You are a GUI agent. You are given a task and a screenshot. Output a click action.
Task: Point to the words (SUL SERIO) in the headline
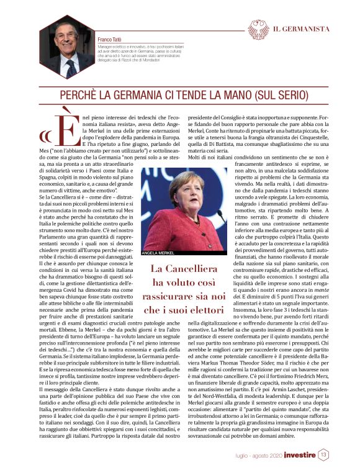(274, 96)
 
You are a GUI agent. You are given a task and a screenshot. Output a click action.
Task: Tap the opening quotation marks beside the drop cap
(45, 135)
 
